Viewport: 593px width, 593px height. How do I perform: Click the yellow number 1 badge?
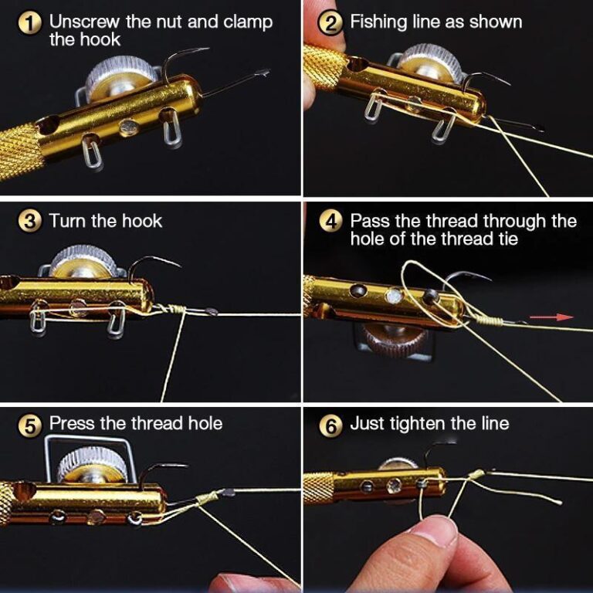point(30,22)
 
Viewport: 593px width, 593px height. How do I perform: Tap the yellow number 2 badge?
point(331,22)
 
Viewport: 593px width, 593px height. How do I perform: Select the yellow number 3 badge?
point(30,222)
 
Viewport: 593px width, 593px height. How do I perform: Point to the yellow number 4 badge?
point(331,222)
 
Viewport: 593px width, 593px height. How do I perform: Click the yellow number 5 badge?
point(30,424)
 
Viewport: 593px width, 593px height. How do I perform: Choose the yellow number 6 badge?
point(331,424)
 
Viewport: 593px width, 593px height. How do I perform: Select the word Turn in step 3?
point(67,221)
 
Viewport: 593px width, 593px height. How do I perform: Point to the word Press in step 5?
point(71,423)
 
